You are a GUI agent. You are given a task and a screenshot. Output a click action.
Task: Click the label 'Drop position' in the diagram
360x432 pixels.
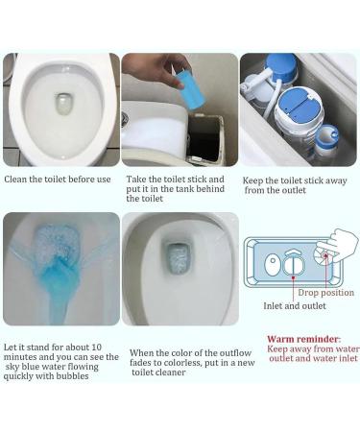point(325,292)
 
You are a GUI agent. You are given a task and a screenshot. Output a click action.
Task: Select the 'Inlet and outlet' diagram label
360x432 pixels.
point(296,306)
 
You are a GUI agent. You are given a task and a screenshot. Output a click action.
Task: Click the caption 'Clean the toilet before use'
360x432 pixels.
point(58,179)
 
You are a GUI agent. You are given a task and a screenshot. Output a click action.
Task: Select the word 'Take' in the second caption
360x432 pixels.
point(137,179)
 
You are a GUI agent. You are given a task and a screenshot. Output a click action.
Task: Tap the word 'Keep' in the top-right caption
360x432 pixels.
point(254,179)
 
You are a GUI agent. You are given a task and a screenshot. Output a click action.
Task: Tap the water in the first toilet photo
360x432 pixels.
point(64,104)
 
